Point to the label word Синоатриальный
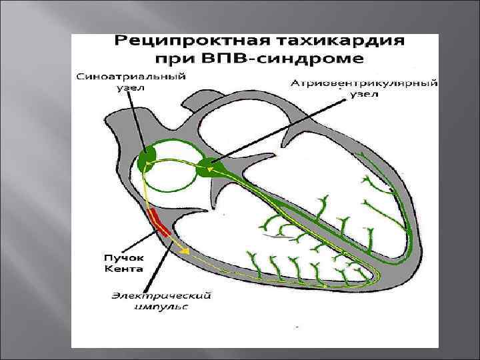pyautogui.click(x=131, y=77)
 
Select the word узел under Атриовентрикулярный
pyautogui.click(x=365, y=95)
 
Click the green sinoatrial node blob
pyautogui.click(x=147, y=159)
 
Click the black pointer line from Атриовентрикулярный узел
pyautogui.click(x=280, y=133)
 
